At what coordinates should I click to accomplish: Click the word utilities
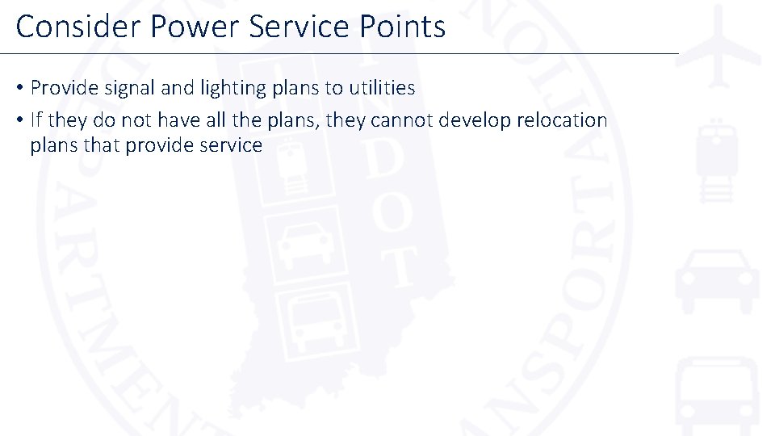tap(375, 88)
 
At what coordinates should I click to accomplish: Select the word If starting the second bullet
tap(36, 120)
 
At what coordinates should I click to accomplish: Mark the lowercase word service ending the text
tap(232, 145)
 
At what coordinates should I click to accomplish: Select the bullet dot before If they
tap(19, 121)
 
